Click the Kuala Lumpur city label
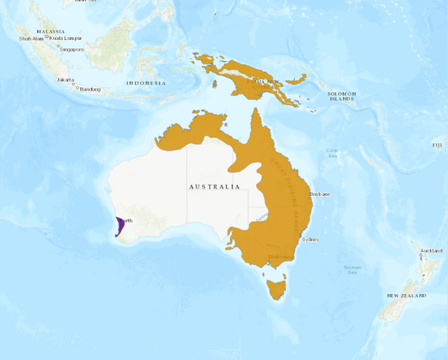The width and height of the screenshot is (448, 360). point(66,38)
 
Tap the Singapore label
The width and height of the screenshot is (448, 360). point(71,49)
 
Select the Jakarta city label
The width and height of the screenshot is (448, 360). point(65,79)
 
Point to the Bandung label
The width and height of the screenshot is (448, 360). point(90,89)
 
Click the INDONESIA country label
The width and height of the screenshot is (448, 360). point(146,83)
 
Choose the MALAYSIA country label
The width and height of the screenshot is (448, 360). point(50,31)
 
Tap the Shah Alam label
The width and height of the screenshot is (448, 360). point(31,38)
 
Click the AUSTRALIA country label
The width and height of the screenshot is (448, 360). point(214,187)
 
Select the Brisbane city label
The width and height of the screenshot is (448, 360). point(320,194)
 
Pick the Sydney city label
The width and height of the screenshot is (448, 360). point(310,239)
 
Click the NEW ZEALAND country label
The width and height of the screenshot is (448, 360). point(406,296)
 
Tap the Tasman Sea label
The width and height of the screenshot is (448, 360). point(352,270)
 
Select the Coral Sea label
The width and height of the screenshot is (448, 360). point(332,153)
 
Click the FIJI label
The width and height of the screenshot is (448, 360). point(437,144)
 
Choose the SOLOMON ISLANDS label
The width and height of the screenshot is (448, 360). point(342,96)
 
